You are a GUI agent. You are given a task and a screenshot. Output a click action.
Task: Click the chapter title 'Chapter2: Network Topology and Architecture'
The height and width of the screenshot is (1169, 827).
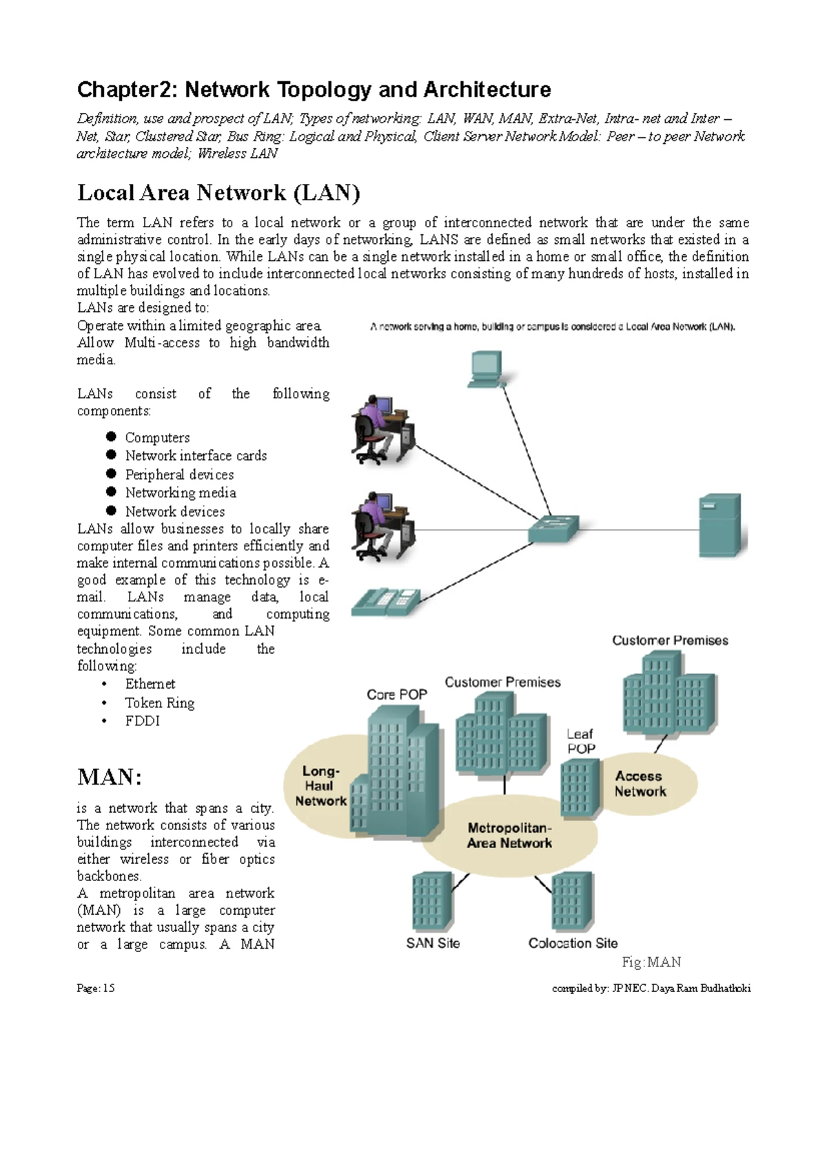click(x=314, y=90)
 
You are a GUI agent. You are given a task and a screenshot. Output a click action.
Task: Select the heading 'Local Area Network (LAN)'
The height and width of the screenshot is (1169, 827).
click(x=218, y=192)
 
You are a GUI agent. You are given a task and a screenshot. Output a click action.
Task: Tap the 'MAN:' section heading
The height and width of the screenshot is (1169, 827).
click(x=110, y=777)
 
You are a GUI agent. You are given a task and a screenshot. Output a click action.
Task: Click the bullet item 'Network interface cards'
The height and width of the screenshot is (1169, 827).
click(x=196, y=455)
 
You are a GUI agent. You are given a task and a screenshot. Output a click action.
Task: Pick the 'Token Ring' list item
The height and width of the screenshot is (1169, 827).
click(x=160, y=703)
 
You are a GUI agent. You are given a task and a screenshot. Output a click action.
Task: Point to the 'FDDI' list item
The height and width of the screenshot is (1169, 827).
click(x=143, y=721)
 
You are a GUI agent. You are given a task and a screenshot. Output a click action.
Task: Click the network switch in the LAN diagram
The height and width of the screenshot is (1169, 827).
click(x=553, y=529)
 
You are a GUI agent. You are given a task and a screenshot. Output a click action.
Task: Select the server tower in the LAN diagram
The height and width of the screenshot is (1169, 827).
click(x=719, y=525)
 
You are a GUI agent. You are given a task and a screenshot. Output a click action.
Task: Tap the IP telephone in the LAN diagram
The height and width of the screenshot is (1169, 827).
click(x=386, y=601)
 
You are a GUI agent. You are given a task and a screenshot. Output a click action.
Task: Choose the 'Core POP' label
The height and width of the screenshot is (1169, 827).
click(x=397, y=694)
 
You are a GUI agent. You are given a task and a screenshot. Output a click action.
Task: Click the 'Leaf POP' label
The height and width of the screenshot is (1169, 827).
click(x=581, y=741)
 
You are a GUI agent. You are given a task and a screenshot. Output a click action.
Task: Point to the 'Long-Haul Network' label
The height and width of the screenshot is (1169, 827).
click(x=320, y=786)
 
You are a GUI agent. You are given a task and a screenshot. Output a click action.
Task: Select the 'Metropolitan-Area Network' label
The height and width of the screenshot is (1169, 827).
click(x=509, y=836)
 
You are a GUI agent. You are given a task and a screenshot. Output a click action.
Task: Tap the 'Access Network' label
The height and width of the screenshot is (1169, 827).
click(x=640, y=784)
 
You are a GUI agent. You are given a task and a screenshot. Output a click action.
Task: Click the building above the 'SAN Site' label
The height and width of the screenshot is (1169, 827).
click(x=433, y=902)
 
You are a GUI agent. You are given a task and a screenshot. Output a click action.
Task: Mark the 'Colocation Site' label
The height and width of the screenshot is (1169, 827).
click(x=573, y=943)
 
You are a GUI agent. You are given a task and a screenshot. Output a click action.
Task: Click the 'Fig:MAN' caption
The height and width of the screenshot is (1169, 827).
click(x=651, y=962)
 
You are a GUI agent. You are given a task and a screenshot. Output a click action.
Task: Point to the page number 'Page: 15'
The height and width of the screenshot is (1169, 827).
click(x=96, y=989)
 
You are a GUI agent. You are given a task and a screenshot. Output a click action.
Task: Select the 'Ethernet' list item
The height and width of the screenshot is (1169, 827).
click(x=150, y=683)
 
